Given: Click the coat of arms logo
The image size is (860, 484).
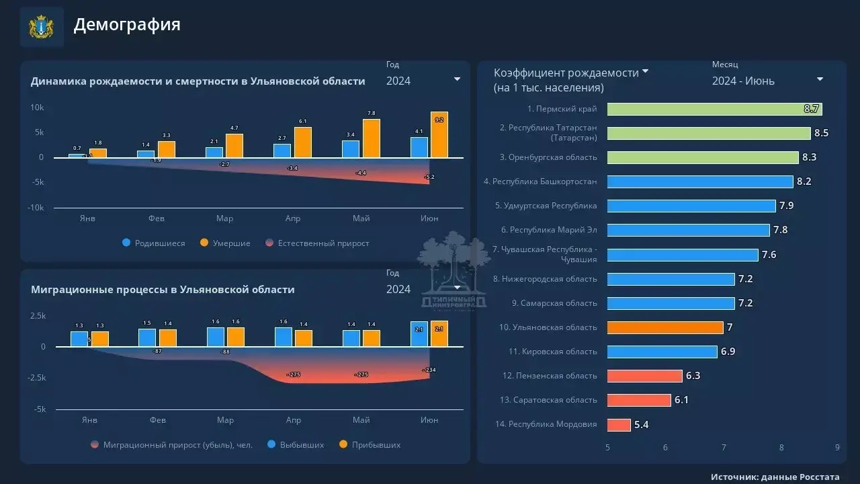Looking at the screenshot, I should (x=41, y=27).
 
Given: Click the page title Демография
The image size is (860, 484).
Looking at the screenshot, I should (x=127, y=25).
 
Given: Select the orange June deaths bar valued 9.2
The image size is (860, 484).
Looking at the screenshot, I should (x=439, y=134).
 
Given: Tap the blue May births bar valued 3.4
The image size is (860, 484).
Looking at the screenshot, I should (x=351, y=149).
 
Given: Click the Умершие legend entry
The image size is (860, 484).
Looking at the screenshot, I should (x=225, y=243).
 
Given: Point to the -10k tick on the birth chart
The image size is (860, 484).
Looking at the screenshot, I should (x=36, y=208).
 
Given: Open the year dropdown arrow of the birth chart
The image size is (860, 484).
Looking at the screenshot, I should (x=458, y=79).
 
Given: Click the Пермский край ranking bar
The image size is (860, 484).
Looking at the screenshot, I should (x=714, y=109).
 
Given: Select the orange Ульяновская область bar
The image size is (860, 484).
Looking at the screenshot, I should (x=665, y=327).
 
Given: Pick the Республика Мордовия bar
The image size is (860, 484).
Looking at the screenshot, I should (x=619, y=425).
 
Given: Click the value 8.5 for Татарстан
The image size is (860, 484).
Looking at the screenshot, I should (x=821, y=133).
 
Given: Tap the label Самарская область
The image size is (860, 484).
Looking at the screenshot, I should (x=554, y=303).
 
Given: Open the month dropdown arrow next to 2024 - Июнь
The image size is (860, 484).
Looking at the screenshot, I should (x=820, y=79).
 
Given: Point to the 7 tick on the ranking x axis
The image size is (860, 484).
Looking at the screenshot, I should (x=724, y=448).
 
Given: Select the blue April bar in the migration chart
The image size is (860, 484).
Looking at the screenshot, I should (x=284, y=337).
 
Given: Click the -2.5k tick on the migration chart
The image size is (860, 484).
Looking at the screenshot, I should (x=36, y=378).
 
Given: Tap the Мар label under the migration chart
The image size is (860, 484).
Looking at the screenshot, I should (x=225, y=420).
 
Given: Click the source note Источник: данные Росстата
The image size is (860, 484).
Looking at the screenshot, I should (x=775, y=477).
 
